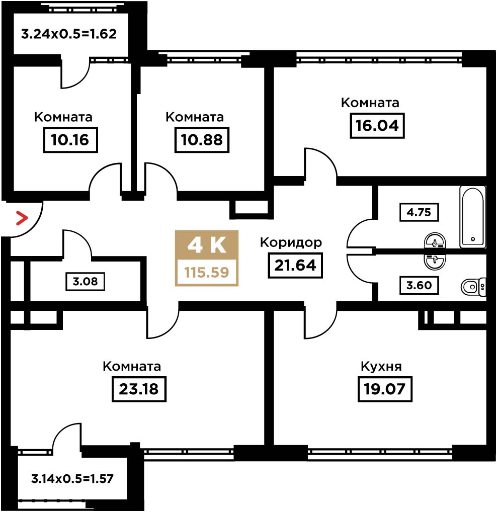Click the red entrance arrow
(x=22, y=218)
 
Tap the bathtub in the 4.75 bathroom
(x=472, y=217)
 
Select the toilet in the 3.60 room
(x=473, y=287)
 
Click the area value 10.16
(x=70, y=140)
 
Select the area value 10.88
(x=202, y=140)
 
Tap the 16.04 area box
(x=377, y=126)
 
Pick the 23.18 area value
(x=139, y=389)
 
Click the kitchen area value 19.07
(x=385, y=389)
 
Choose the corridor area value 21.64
(x=295, y=266)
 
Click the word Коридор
(x=291, y=242)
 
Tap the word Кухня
(x=381, y=367)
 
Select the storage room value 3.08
(x=85, y=282)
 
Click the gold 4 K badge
(x=207, y=245)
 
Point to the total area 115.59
(x=207, y=272)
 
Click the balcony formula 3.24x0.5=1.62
(x=69, y=34)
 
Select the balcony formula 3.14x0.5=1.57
(x=72, y=479)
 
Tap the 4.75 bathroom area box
(x=420, y=213)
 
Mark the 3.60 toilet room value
(x=420, y=285)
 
